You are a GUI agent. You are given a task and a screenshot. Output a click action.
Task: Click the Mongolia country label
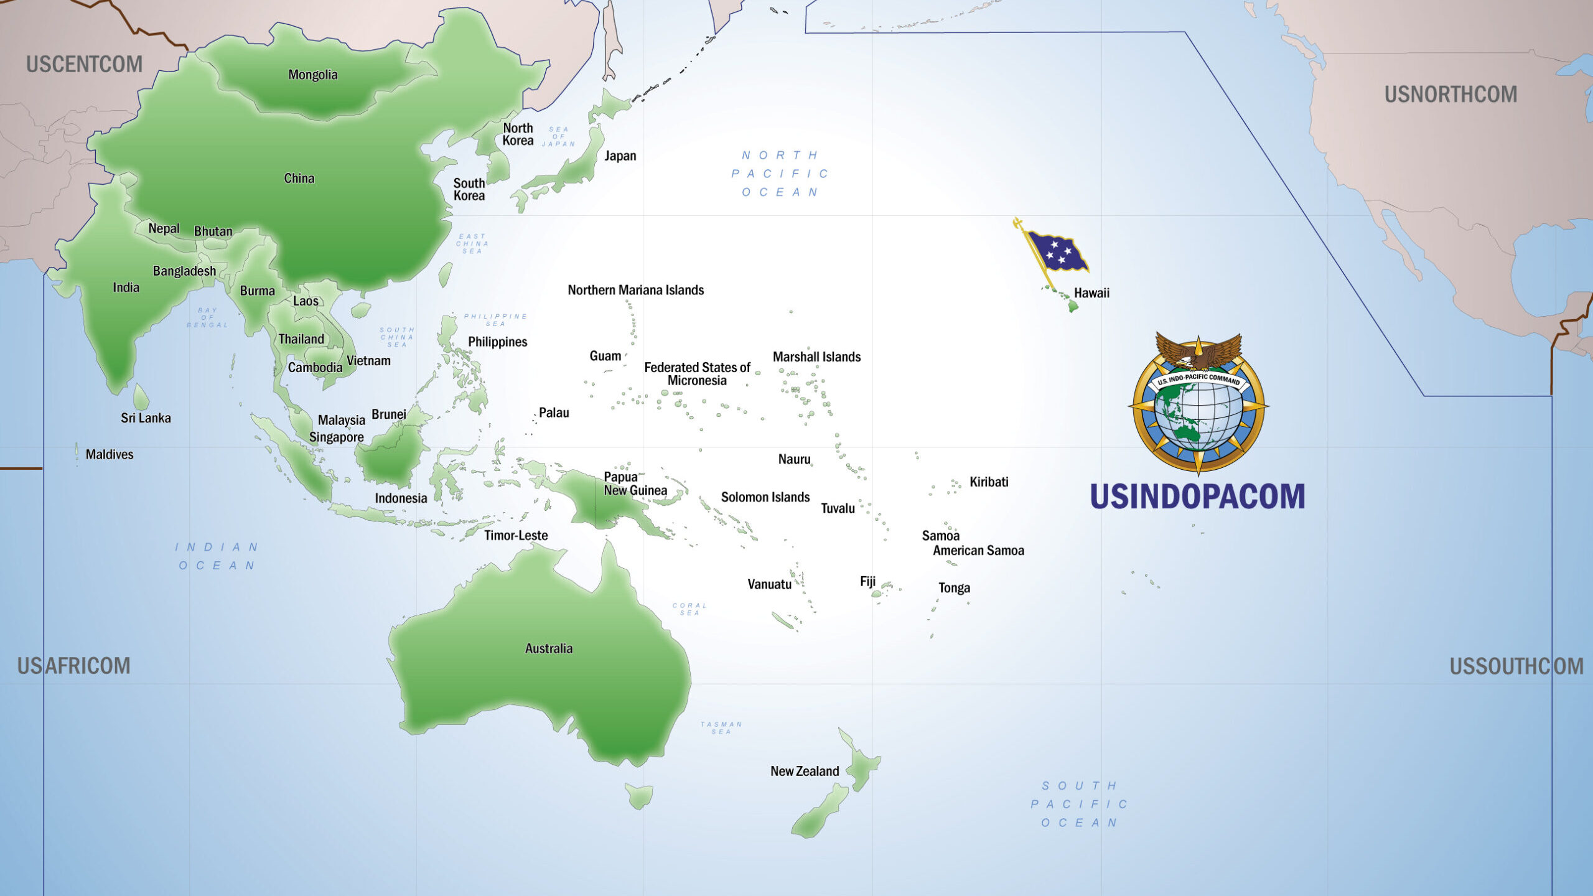point(312,75)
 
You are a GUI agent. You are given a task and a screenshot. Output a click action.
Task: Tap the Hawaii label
point(1091,293)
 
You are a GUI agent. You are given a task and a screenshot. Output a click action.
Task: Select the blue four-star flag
point(1057,250)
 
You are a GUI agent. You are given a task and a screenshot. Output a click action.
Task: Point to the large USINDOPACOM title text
point(1197,497)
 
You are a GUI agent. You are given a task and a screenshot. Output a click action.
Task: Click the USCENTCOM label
point(84,64)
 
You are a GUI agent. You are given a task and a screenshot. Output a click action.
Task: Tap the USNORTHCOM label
point(1451,95)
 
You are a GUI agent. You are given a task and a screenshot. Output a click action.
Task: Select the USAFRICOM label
point(73,666)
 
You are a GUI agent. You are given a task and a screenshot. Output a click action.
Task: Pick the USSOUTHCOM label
point(1516,666)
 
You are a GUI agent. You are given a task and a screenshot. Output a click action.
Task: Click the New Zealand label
point(805,772)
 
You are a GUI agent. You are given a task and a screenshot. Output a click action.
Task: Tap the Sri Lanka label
point(146,418)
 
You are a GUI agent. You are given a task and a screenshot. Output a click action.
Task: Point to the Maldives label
point(110,454)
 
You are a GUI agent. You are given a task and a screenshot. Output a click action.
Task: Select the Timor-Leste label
point(516,536)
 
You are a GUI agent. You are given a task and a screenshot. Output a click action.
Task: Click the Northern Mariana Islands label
point(635,290)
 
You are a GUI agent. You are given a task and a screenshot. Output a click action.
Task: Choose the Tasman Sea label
point(721,728)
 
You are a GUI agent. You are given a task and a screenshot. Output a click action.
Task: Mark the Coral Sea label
point(689,609)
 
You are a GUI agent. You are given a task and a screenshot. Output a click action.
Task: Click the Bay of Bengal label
point(207,317)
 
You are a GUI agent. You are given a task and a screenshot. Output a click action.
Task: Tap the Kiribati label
point(989,482)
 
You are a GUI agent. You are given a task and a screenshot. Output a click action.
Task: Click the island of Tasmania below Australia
point(640,795)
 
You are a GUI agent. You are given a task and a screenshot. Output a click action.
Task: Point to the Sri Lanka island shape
point(141,396)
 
